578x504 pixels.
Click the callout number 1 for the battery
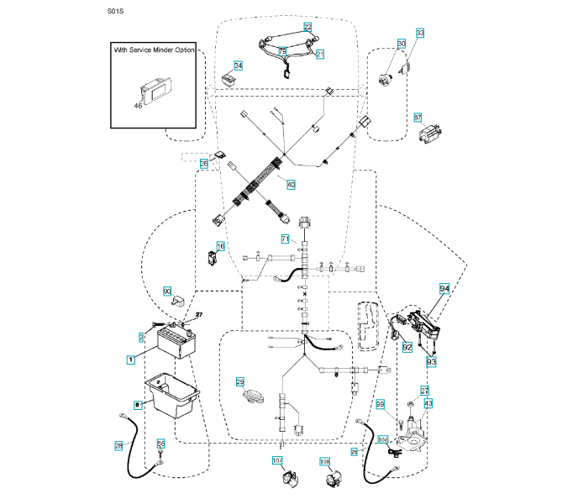pyautogui.click(x=131, y=359)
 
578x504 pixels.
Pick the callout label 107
pyautogui.click(x=277, y=460)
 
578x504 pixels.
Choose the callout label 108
pyautogui.click(x=324, y=461)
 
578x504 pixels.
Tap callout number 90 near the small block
pyautogui.click(x=166, y=291)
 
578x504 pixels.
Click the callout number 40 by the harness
pyautogui.click(x=291, y=184)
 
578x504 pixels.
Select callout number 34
pyautogui.click(x=239, y=65)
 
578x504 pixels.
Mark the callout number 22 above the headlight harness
pyautogui.click(x=307, y=27)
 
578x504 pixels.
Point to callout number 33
pyautogui.click(x=420, y=33)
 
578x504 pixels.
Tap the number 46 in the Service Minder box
pyautogui.click(x=139, y=107)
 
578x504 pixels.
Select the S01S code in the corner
pyautogui.click(x=115, y=13)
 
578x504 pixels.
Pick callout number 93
pyautogui.click(x=432, y=361)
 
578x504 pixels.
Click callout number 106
pyautogui.click(x=383, y=438)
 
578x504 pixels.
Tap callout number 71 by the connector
pyautogui.click(x=285, y=240)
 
